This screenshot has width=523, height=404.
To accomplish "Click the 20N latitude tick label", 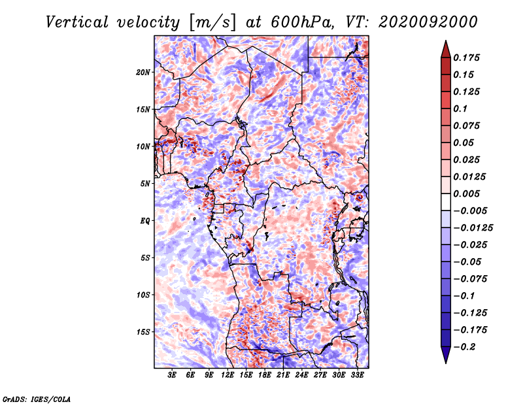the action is tap(143, 73).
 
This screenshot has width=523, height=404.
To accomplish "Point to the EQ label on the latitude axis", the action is tap(145, 221).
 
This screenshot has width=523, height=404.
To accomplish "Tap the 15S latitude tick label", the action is tap(143, 332).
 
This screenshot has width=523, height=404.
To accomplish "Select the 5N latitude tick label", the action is tap(145, 184).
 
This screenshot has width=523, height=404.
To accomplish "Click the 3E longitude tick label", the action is tap(172, 375).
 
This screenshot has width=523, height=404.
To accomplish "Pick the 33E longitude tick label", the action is tap(357, 375).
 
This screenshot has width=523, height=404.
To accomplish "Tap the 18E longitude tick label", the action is tap(265, 375).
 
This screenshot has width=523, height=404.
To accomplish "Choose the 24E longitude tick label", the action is tap(301, 375).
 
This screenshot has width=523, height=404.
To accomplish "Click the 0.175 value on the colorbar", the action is tap(466, 58).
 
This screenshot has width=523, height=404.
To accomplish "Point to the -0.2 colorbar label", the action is tap(464, 347).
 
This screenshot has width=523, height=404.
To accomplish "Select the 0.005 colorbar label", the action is tap(466, 194).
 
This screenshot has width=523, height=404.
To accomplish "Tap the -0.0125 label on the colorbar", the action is tap(473, 228).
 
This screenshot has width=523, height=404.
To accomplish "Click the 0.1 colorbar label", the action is tap(460, 109).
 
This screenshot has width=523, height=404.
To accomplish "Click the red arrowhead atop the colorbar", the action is tap(446, 49).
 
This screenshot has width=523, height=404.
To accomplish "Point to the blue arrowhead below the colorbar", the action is tap(446, 355).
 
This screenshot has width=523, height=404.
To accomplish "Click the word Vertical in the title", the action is tap(77, 22).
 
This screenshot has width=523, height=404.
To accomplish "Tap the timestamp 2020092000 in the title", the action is tap(428, 22).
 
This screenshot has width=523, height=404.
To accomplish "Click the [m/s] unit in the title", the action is tap(212, 23).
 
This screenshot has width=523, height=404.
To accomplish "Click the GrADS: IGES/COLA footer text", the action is tap(37, 399).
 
